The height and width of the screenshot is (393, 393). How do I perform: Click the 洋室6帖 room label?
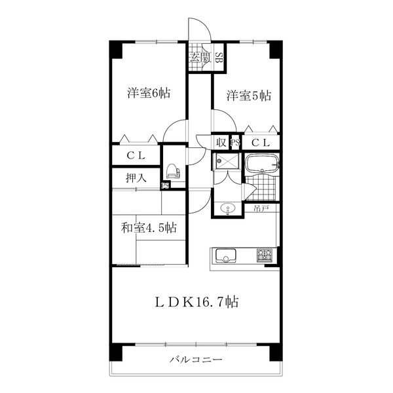(x=149, y=93)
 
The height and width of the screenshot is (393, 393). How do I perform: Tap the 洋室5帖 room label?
(x=249, y=96)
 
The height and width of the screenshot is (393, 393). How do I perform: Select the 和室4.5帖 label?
(x=149, y=228)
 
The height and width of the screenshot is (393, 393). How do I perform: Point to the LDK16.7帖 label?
(x=196, y=301)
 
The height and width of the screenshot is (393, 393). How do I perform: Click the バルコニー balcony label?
(x=196, y=360)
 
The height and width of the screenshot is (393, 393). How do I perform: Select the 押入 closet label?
(x=136, y=178)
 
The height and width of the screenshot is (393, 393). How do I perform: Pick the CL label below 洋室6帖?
(x=136, y=156)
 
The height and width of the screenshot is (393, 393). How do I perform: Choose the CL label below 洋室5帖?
(x=261, y=143)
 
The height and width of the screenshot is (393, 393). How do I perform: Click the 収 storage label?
(x=221, y=143)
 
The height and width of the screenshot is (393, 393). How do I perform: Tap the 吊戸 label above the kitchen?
(x=261, y=208)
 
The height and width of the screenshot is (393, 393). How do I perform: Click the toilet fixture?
(x=173, y=172)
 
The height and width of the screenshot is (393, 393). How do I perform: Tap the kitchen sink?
(x=225, y=255)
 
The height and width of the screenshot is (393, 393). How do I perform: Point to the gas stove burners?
(x=265, y=255)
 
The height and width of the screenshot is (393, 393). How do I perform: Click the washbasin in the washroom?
(x=227, y=208)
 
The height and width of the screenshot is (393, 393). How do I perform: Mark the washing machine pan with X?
(x=227, y=160)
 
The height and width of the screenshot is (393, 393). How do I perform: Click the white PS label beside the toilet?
(x=166, y=186)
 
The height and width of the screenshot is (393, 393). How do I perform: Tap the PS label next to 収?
(x=235, y=143)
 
